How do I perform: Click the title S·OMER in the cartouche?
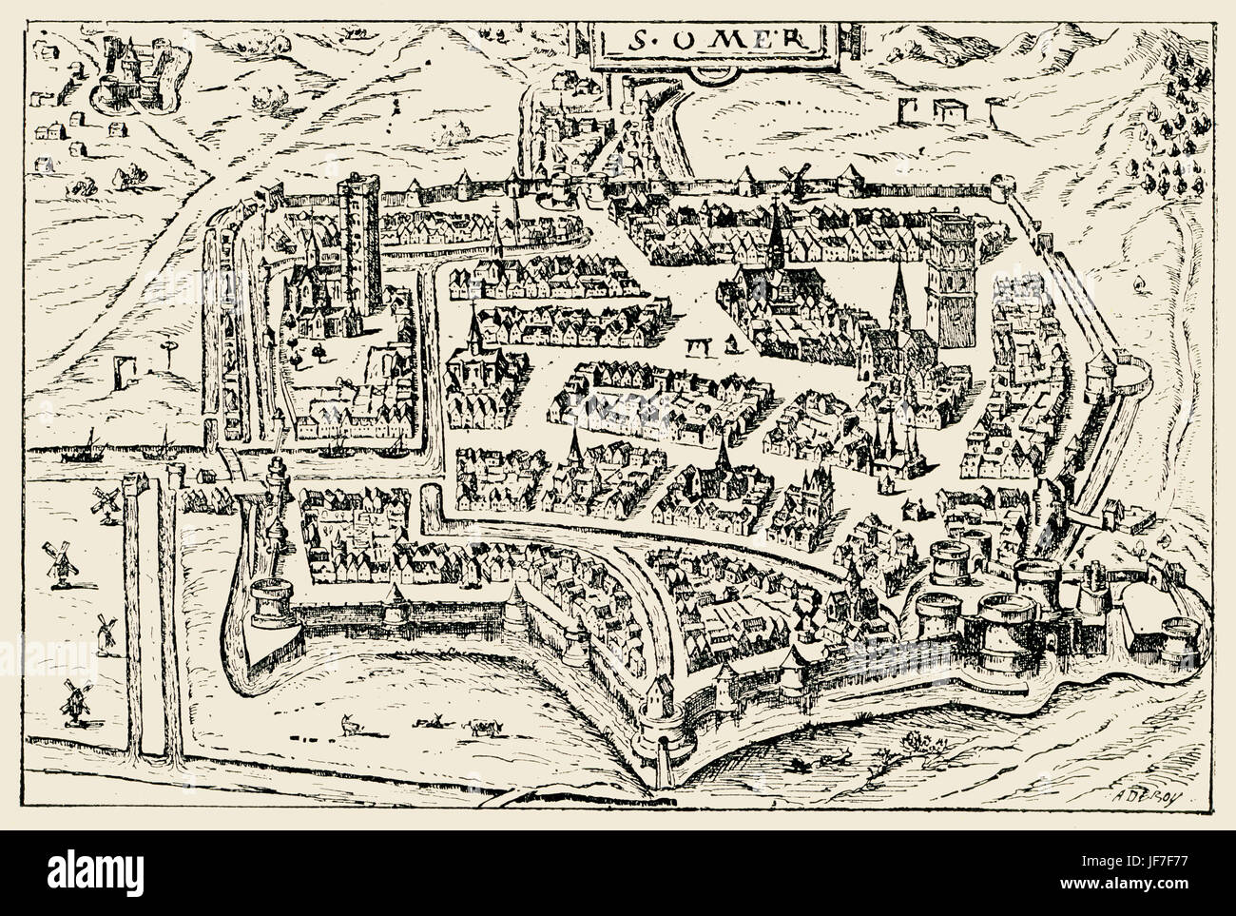[x=702, y=41]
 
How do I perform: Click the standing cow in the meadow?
[x=482, y=728]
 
